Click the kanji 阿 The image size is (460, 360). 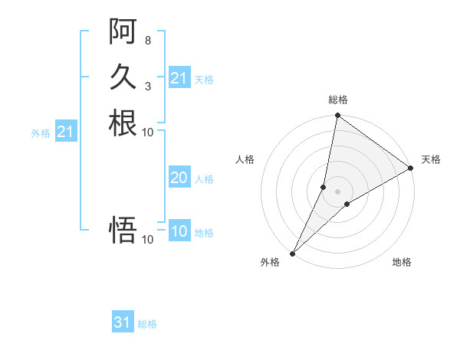pos(123,31)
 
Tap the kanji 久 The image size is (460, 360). pos(123,77)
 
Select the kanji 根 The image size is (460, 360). pos(123,123)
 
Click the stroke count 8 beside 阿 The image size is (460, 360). pos(147,40)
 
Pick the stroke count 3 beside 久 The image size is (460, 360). pos(147,86)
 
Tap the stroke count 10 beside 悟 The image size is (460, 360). pos(147,240)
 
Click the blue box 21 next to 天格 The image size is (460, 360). pos(179,78)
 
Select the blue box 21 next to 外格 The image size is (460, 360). pos(65,133)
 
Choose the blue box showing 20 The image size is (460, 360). pos(179,178)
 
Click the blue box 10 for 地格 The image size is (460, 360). pos(179,232)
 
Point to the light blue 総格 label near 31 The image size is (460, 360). pos(147,324)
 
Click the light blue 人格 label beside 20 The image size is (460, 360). pos(204,179)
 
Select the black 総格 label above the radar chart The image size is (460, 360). pos(337,100)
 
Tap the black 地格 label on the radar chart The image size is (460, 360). pos(402,263)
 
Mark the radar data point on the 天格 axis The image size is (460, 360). pos(411,169)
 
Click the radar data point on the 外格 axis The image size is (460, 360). pos(293,254)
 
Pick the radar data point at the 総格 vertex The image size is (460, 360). pos(337,116)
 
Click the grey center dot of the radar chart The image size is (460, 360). pos(337,191)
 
